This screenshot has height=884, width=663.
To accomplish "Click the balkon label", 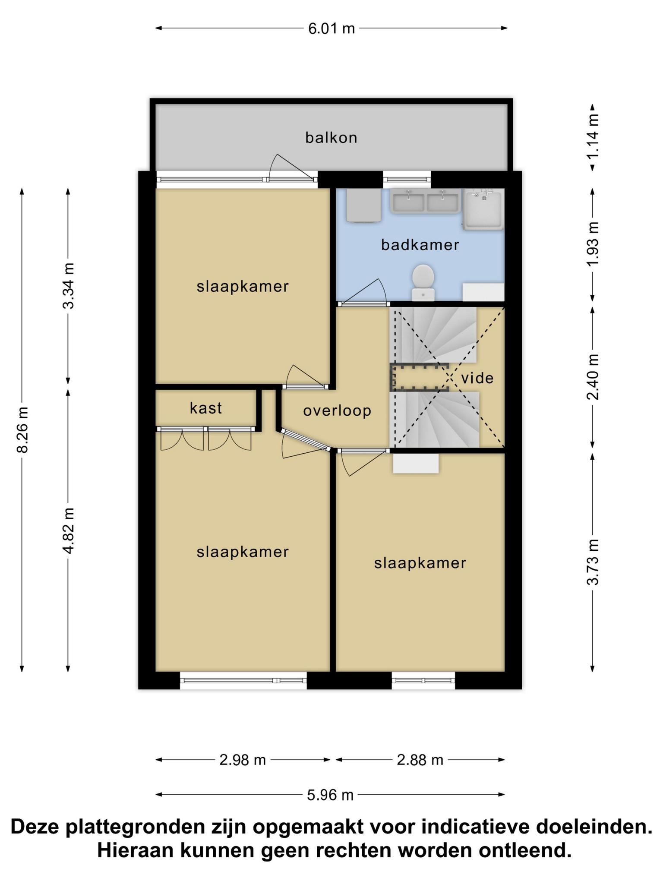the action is coord(331,138).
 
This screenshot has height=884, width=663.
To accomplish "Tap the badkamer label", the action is coord(420,245).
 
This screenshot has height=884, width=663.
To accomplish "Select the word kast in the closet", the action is coord(205,408).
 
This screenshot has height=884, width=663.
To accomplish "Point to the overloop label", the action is coord(337,411).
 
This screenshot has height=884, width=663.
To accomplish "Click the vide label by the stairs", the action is coord(477,378).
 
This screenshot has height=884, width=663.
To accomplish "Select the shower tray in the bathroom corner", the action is coord(483,209).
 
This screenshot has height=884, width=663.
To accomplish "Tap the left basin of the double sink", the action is coord(408,202).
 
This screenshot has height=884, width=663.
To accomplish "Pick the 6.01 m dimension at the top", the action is coord(331,28).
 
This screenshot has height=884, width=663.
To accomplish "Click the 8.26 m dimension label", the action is coord(22,429).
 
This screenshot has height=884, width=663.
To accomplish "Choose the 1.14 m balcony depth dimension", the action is coord(593,136).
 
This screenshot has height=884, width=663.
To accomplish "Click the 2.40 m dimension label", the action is coord(593,377).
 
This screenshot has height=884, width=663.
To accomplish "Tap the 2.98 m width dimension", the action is coord(243,760).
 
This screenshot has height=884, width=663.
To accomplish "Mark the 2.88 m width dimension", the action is coord(420,760).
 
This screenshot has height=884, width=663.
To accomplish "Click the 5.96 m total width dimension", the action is coord(330,795).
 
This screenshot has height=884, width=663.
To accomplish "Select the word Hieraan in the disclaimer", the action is coord(135,851).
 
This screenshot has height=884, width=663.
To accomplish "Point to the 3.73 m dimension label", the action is coord(593,562).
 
